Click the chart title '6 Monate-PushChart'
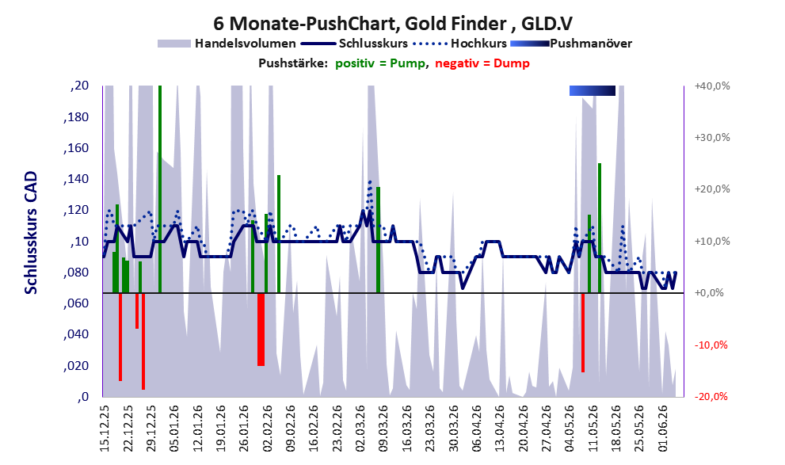click(x=305, y=24)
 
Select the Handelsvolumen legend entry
click(x=227, y=44)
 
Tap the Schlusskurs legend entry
click(x=354, y=44)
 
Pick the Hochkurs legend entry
click(x=459, y=44)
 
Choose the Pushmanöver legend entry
click(x=571, y=44)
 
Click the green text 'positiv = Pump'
click(x=380, y=63)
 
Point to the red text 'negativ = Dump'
click(x=482, y=63)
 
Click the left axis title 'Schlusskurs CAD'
click(x=31, y=233)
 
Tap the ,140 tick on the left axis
click(x=76, y=179)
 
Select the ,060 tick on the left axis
click(x=76, y=303)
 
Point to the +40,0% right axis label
click(x=712, y=86)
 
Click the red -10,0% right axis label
click(x=711, y=345)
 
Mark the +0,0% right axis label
click(x=710, y=293)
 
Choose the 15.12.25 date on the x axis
click(x=105, y=429)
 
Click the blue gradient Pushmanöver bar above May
click(x=593, y=90)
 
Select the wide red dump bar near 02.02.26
click(x=261, y=330)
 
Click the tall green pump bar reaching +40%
click(x=160, y=189)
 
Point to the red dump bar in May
click(x=583, y=333)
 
